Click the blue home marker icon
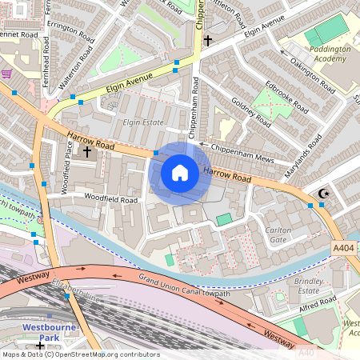pos(180,173)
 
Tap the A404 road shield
pos(343,250)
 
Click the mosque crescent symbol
pos(324,193)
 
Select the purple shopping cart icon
pos(7,74)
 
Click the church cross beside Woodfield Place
pos(86,149)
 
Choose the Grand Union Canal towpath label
pos(184,285)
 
